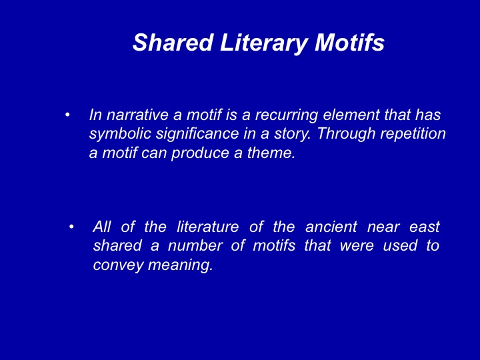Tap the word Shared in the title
pos(173,42)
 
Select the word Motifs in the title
pos(349,42)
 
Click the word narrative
pos(137,115)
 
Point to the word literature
pos(207,227)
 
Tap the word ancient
pos(331,227)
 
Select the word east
pos(425,227)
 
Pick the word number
pos(195,245)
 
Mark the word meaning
pos(180,265)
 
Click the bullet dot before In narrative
pos(67,115)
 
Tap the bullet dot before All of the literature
pos(71,227)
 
